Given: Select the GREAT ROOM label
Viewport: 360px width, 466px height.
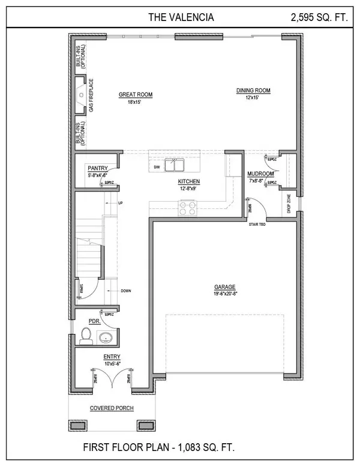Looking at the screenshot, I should (x=136, y=95).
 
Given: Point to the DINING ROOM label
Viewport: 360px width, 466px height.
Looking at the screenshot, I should (x=253, y=91).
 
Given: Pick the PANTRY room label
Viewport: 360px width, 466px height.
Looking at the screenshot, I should (x=97, y=169).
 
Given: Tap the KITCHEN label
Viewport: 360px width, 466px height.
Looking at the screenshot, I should (x=188, y=181).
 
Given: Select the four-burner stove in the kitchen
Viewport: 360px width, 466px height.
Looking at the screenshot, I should (x=186, y=208).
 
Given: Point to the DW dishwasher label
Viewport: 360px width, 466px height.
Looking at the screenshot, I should (x=156, y=166).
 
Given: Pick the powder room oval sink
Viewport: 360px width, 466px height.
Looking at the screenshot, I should (x=106, y=337).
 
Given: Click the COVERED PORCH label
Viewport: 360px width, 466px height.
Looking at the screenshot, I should (x=112, y=408).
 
